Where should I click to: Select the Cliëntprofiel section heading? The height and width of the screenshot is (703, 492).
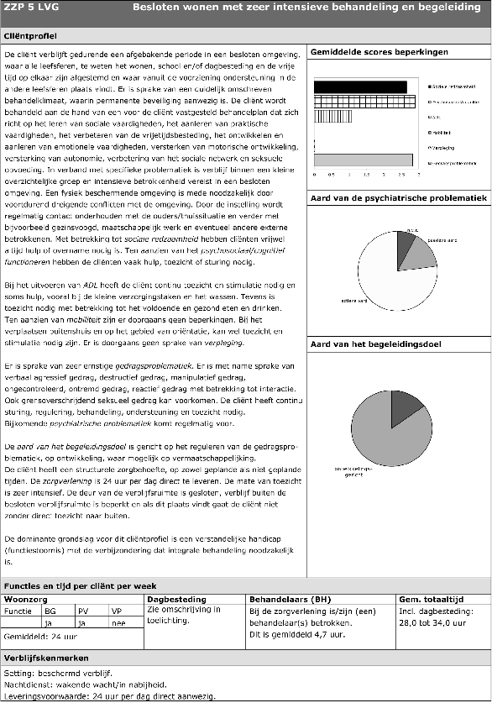(x=30, y=38)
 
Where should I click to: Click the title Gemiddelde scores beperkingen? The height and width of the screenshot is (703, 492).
(x=379, y=52)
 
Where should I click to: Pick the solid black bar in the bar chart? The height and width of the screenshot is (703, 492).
(x=366, y=87)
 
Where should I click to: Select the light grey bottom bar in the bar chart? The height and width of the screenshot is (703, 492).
(x=363, y=159)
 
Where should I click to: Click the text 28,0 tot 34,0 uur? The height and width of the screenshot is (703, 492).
(x=431, y=622)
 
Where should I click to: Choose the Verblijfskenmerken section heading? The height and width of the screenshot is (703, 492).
(x=44, y=658)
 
